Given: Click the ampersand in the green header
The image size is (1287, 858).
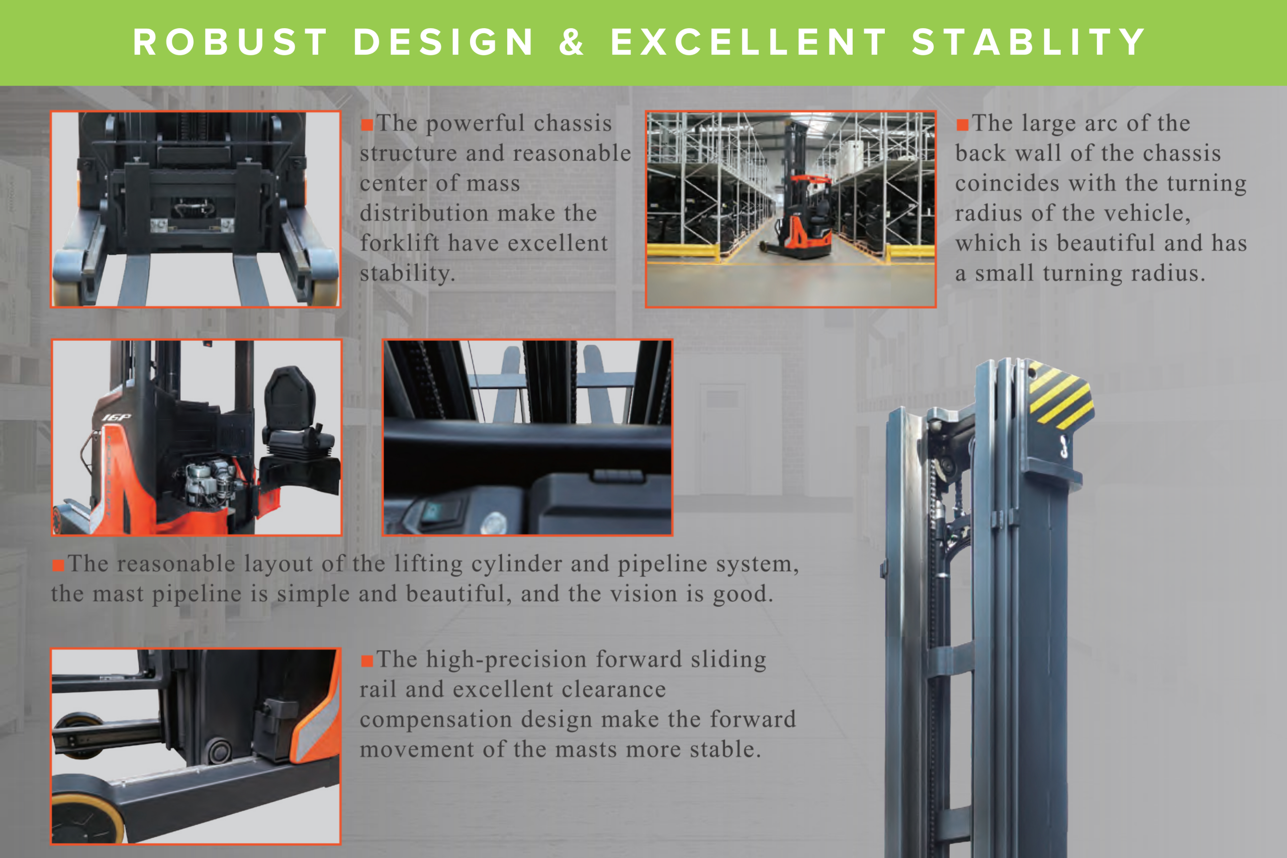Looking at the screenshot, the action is point(571,42).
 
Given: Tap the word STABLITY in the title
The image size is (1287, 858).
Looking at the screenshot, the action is point(1028,42).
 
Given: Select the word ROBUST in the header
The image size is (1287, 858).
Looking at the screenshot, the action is point(230,42).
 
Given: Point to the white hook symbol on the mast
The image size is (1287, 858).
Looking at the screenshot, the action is point(1064,446).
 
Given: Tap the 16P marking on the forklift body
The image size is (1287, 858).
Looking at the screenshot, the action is point(117,418).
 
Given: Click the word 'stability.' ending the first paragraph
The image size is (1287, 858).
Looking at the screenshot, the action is point(407,273).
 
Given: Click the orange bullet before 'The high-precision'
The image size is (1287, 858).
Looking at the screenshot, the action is point(366,661).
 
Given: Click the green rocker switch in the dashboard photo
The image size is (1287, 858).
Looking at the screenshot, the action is point(433,512).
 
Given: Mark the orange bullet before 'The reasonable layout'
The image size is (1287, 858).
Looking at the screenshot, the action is point(58,565).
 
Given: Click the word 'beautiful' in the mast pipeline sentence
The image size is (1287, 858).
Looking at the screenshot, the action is point(458,594).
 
